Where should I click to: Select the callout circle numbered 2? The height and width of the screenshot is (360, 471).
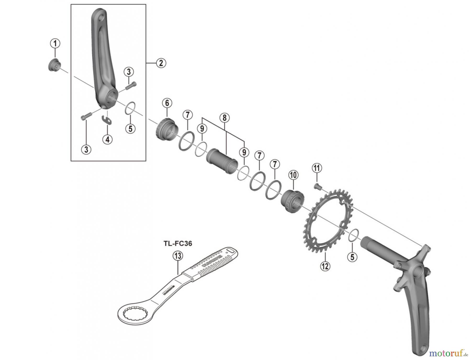[x=161, y=63]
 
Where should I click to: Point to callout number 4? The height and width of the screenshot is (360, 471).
[x=107, y=139]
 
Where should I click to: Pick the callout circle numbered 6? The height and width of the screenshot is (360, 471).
[x=167, y=103]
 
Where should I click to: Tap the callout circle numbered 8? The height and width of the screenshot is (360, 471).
[x=225, y=118]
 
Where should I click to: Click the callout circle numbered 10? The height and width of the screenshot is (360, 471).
[x=293, y=175]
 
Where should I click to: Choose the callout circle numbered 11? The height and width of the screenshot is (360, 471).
[x=317, y=168]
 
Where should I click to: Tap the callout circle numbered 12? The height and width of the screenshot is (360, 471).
[x=325, y=266]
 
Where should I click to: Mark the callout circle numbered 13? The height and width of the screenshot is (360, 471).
[x=178, y=256]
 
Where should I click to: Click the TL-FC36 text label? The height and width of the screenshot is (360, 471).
[x=178, y=243]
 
